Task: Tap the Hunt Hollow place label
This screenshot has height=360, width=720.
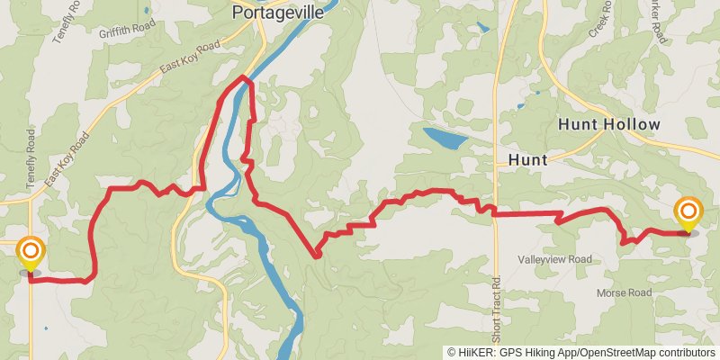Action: (609, 124)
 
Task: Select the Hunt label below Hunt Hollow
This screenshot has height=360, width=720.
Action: (527, 159)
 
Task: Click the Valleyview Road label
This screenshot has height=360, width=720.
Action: (554, 259)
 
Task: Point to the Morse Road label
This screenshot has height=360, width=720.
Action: (623, 293)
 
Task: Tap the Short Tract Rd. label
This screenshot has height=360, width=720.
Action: (495, 306)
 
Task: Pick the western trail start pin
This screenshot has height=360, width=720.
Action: (30, 252)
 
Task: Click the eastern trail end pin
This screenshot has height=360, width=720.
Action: (688, 213)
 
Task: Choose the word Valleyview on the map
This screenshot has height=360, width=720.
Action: (541, 259)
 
